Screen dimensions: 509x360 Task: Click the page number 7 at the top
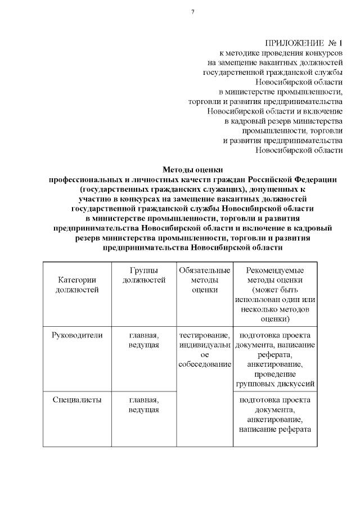tap(192, 12)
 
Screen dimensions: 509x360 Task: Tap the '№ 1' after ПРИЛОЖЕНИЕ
tap(336, 43)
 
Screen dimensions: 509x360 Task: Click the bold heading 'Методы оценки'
tap(192, 169)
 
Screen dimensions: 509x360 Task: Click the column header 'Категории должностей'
tap(77, 285)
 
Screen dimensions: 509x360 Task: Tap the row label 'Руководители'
tap(77, 335)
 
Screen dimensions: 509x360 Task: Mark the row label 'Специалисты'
tap(77, 400)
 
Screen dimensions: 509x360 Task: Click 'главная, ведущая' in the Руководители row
tap(143, 340)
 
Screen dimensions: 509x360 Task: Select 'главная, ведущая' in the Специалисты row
tap(143, 405)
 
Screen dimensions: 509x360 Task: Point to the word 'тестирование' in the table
tap(204, 335)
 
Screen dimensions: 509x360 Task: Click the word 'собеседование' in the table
tap(204, 364)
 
